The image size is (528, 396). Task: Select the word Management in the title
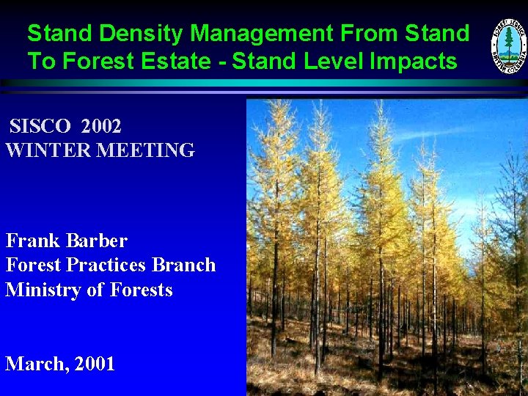click(260, 34)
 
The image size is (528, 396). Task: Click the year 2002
click(101, 126)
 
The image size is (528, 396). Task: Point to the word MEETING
click(146, 150)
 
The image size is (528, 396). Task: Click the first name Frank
click(33, 241)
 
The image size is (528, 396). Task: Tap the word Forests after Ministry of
click(142, 290)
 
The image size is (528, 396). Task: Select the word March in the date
click(33, 364)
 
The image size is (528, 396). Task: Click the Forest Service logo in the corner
click(508, 46)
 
